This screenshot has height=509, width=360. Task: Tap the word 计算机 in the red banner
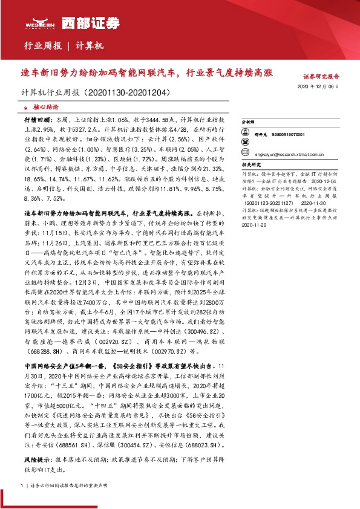(90, 46)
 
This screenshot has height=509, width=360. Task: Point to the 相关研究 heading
(250, 164)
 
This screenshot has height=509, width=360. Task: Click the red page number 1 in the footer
(22, 486)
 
